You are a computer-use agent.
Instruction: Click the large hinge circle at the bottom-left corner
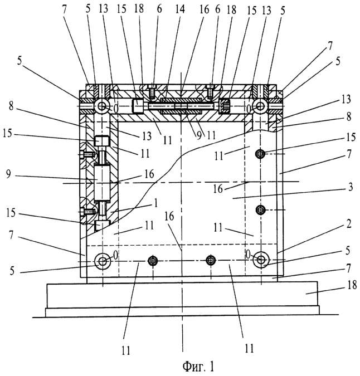(x=103, y=261)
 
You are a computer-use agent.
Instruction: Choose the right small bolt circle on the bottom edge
(x=211, y=261)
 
